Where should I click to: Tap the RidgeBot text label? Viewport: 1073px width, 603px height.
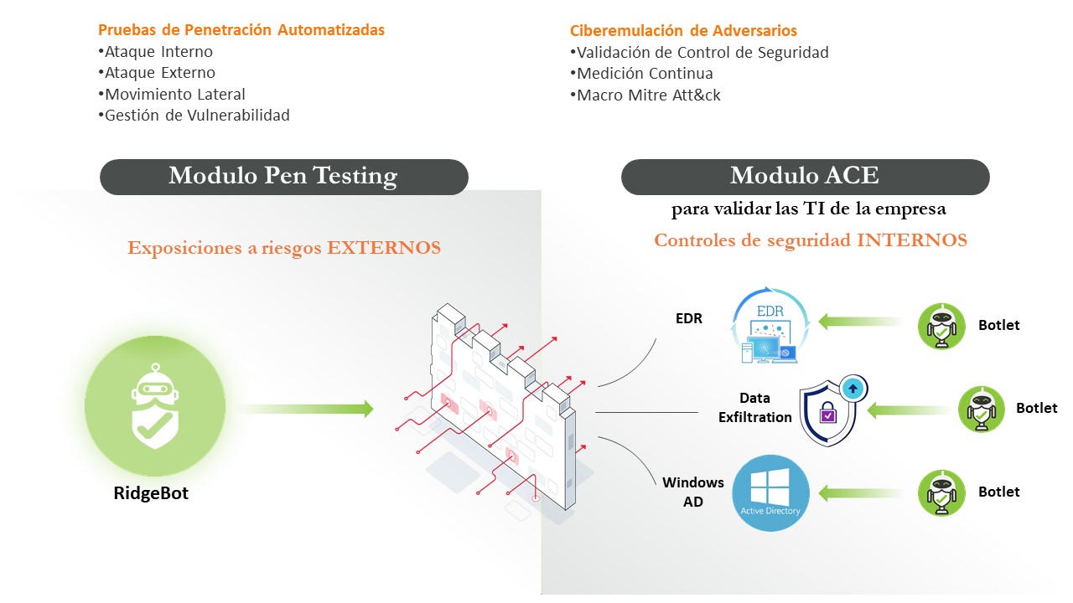click(x=151, y=493)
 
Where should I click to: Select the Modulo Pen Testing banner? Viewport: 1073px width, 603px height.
click(x=283, y=176)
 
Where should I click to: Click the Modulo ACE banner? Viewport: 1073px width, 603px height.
click(x=805, y=176)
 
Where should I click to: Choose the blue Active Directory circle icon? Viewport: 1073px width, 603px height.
click(x=770, y=492)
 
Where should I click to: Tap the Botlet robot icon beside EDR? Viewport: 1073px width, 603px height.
click(x=942, y=326)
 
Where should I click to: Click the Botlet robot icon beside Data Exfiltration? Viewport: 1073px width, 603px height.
click(x=982, y=410)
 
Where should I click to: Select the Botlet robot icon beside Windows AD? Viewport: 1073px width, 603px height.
click(x=942, y=492)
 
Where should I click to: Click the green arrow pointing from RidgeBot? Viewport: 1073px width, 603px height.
click(x=307, y=409)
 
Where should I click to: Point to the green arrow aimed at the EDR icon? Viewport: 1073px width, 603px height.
click(x=858, y=321)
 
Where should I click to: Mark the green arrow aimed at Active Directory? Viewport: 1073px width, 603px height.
click(x=858, y=492)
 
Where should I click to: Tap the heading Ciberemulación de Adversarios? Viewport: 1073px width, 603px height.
click(x=683, y=31)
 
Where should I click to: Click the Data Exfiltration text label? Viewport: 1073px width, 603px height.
click(x=754, y=407)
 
